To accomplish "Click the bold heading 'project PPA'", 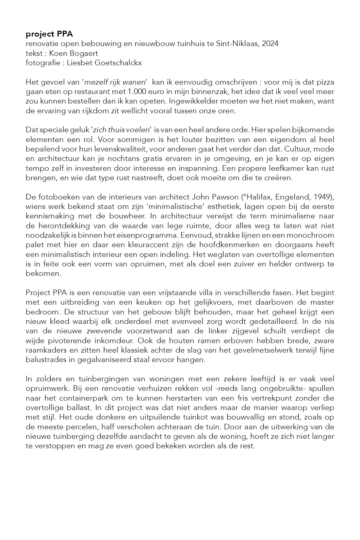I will (49, 34).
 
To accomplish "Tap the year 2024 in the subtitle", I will (270, 43).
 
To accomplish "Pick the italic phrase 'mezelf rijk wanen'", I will (114, 82).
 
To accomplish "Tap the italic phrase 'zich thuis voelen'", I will (121, 130).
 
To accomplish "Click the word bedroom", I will (39, 312).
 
